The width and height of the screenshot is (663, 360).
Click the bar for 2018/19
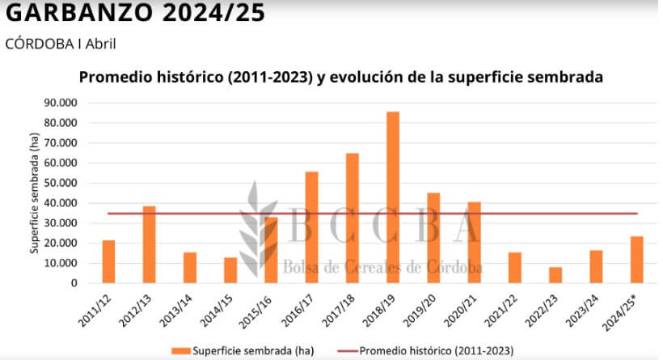pyautogui.click(x=393, y=197)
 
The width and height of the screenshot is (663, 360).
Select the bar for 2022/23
pyautogui.click(x=555, y=275)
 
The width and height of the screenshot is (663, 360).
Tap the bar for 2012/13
pyautogui.click(x=150, y=244)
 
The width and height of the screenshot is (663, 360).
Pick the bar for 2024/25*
pyautogui.click(x=636, y=260)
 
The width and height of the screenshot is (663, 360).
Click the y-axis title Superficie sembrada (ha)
pyautogui.click(x=36, y=195)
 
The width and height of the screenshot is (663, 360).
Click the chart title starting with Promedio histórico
pyautogui.click(x=340, y=78)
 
